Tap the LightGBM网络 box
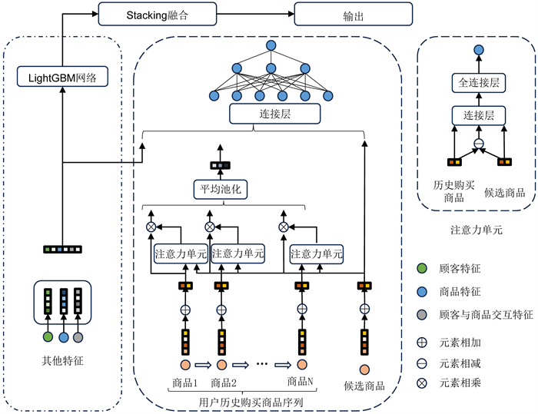[62, 77]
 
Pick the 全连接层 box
[478, 82]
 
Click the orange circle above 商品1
[184, 366]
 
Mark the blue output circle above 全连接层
[478, 50]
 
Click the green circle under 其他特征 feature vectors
[47, 337]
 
